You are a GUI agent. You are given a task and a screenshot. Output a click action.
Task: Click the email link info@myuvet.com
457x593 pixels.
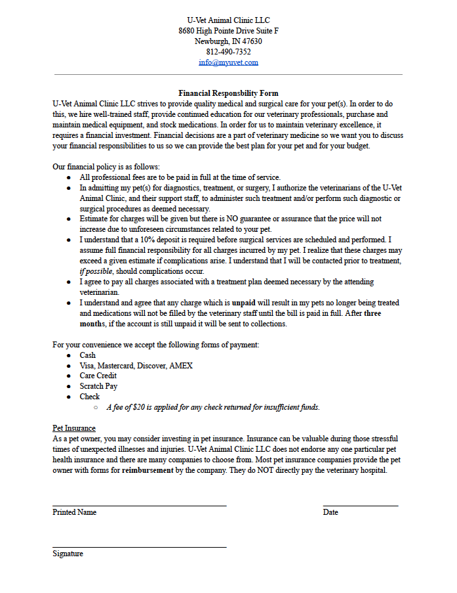tap(228, 62)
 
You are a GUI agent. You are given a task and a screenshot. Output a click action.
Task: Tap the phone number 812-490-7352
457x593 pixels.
tap(228, 52)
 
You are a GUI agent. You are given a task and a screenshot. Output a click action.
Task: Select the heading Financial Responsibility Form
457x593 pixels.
tap(228, 93)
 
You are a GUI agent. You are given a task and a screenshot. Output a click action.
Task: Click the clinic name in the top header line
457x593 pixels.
tap(228, 20)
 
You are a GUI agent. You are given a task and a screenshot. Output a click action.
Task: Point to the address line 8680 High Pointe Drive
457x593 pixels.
tap(228, 31)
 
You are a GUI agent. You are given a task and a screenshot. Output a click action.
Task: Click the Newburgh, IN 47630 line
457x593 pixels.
tap(228, 41)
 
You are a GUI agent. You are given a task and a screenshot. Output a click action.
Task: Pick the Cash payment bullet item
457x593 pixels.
tap(87, 355)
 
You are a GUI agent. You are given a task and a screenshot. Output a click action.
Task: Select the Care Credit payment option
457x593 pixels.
tap(98, 376)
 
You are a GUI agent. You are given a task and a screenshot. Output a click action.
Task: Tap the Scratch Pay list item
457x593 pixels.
tap(98, 386)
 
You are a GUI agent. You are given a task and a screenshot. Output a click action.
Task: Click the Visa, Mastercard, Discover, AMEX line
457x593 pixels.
tap(136, 366)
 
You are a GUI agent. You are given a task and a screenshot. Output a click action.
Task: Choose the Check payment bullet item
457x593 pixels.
tap(90, 397)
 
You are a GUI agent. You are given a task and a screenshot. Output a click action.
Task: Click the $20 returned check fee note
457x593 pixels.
tap(212, 407)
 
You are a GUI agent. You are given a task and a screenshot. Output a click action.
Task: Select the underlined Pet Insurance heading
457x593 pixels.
tap(73, 428)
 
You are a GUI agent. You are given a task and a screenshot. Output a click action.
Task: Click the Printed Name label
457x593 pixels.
tap(74, 512)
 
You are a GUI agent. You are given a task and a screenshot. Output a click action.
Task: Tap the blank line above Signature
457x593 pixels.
tap(139, 546)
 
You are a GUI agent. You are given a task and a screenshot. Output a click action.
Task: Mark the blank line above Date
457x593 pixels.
tap(360, 506)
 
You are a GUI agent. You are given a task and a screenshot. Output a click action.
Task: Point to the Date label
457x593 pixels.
tap(330, 512)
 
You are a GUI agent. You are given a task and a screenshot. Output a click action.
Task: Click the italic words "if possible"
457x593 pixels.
tap(96, 271)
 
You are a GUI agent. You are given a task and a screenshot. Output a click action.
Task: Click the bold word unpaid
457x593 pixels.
tap(244, 303)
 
